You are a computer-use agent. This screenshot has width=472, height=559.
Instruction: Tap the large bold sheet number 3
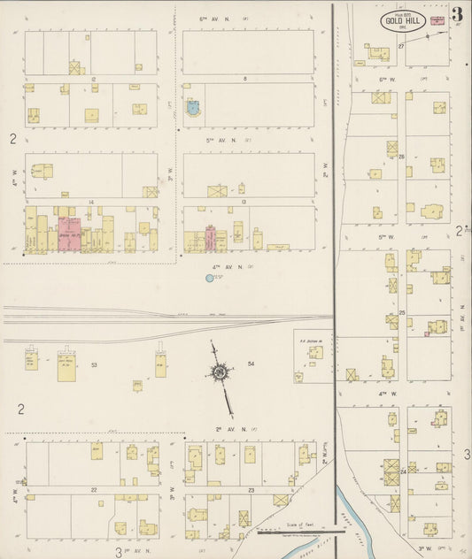(x=455, y=15)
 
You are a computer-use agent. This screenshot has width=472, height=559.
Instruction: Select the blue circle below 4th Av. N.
(x=210, y=279)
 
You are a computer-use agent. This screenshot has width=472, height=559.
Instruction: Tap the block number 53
(x=93, y=364)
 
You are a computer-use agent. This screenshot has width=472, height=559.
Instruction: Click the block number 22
(x=93, y=489)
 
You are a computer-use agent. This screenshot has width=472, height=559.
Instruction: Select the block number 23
(x=251, y=489)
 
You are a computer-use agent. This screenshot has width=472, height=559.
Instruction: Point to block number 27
(x=401, y=44)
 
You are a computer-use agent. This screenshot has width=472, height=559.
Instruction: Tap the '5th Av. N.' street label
(x=217, y=140)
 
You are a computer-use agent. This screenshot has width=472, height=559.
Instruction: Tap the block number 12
(x=93, y=79)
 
